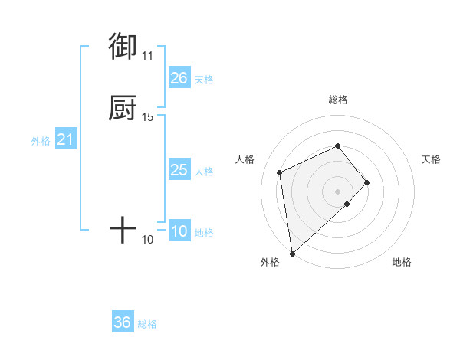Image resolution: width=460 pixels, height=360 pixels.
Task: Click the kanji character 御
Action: point(123,47)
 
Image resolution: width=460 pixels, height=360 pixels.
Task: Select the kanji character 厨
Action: point(123,108)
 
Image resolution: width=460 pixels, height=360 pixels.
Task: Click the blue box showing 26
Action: point(179,78)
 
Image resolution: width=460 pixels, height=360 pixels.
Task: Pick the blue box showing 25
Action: point(179,170)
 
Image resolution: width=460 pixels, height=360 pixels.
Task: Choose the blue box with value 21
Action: point(66,139)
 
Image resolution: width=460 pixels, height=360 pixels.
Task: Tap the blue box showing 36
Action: point(123,322)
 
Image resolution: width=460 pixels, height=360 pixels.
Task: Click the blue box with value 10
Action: point(179,231)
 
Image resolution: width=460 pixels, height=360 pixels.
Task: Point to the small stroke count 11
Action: point(147,55)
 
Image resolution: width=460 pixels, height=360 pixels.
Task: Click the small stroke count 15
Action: point(147,116)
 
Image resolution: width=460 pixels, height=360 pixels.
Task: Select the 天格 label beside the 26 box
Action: point(204,80)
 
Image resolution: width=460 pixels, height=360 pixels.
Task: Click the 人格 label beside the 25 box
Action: point(204,172)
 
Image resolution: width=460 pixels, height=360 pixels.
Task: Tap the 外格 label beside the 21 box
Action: point(41,141)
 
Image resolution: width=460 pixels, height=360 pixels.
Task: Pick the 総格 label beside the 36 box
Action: point(147,324)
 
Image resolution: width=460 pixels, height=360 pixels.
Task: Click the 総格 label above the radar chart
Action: point(337,100)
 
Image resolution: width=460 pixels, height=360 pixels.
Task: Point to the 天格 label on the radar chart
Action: point(431,159)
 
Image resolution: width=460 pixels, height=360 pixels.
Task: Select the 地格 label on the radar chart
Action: point(402,263)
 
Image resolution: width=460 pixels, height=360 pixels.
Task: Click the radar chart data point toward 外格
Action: point(292,253)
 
